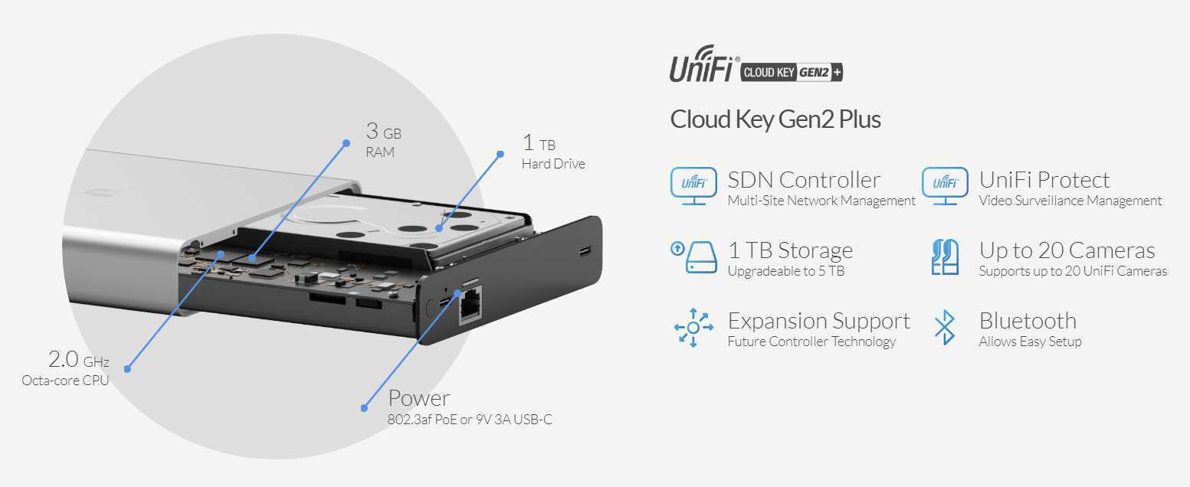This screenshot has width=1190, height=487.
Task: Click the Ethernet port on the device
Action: (468, 309)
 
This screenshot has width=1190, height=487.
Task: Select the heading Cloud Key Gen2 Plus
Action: (775, 119)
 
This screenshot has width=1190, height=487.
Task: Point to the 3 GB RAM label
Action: (382, 142)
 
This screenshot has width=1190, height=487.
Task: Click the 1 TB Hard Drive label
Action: (552, 152)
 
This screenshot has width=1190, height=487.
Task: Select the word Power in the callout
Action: (418, 398)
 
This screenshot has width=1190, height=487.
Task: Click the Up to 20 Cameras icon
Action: (945, 257)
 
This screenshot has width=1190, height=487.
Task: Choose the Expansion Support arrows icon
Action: (693, 328)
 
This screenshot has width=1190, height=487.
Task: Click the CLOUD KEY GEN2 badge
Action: (791, 73)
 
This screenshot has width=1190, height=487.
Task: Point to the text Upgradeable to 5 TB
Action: (785, 271)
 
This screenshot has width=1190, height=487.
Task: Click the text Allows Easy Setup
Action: (1029, 342)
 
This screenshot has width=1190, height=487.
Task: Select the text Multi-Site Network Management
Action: (821, 201)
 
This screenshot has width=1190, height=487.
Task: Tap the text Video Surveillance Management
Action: (1070, 201)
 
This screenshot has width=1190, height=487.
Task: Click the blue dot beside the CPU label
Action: (127, 369)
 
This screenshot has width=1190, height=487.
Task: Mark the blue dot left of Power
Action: (365, 407)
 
